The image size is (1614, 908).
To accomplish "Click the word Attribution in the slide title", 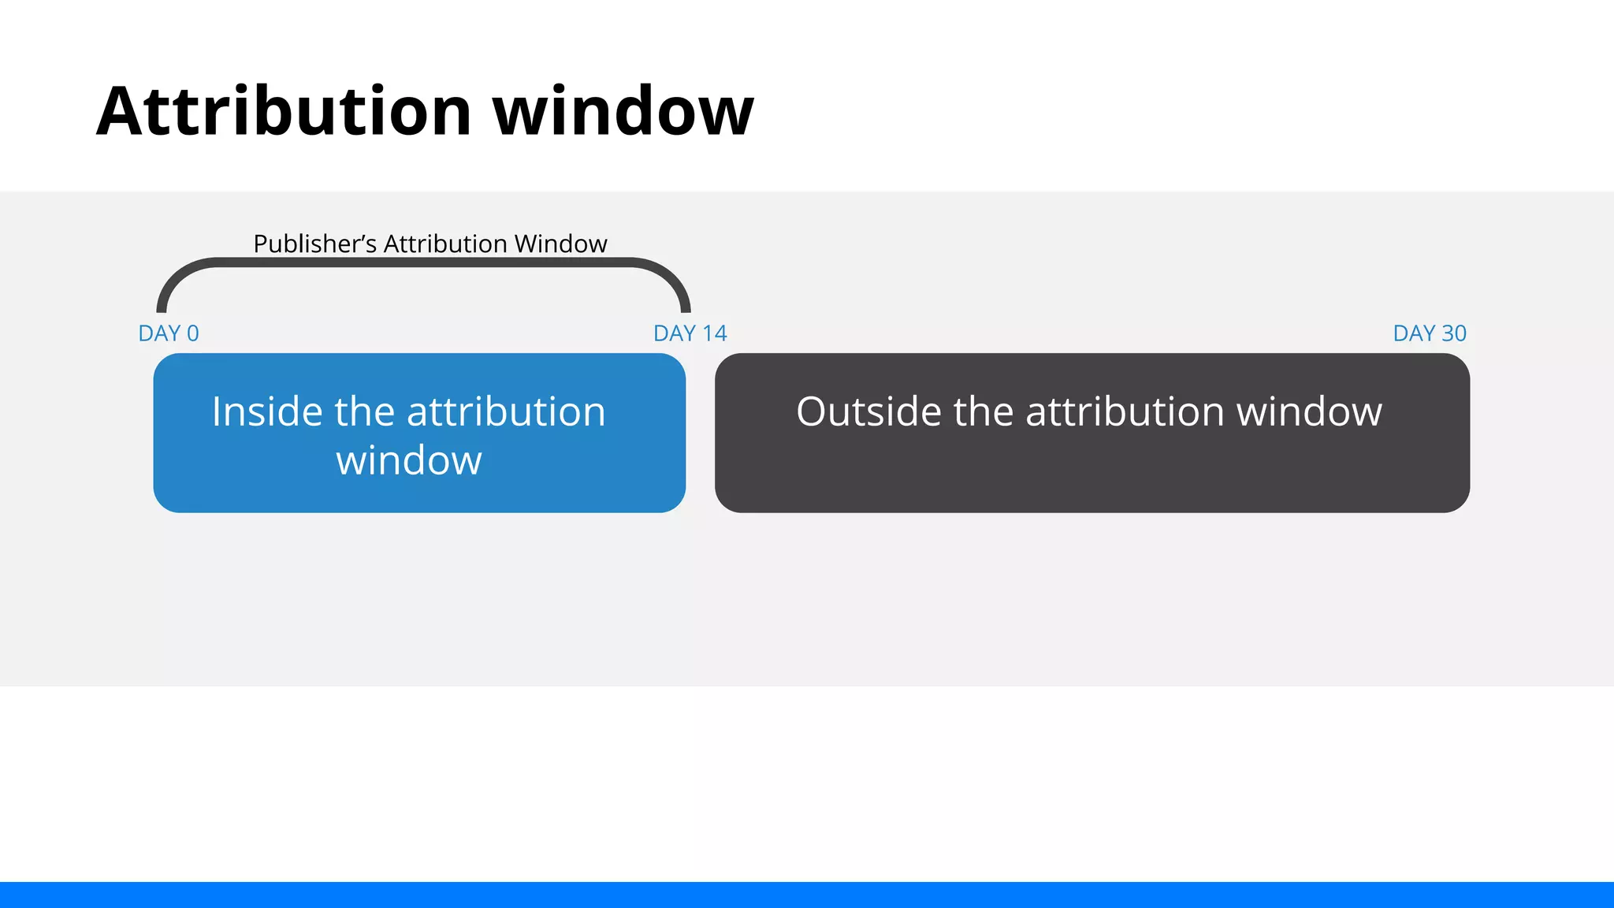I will [x=284, y=111].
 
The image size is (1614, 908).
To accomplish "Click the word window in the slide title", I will [x=623, y=111].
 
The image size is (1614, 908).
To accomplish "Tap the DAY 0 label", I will [x=169, y=333].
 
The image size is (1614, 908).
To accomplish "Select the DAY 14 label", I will [x=690, y=333].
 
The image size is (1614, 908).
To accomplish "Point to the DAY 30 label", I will [x=1429, y=333].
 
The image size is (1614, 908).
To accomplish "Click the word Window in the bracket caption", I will [x=560, y=244].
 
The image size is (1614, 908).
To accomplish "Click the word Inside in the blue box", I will [x=267, y=412].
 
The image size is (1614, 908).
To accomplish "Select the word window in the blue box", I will [x=409, y=460].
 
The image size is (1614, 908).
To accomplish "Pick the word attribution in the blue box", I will [x=505, y=412].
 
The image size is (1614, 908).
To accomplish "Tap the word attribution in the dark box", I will [x=1125, y=412].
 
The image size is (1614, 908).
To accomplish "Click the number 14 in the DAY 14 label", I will [x=714, y=333].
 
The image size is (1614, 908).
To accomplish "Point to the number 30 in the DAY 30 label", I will [x=1453, y=333].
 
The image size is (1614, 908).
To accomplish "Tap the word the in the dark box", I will [x=983, y=412].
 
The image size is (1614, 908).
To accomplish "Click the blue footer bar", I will [x=807, y=895].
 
